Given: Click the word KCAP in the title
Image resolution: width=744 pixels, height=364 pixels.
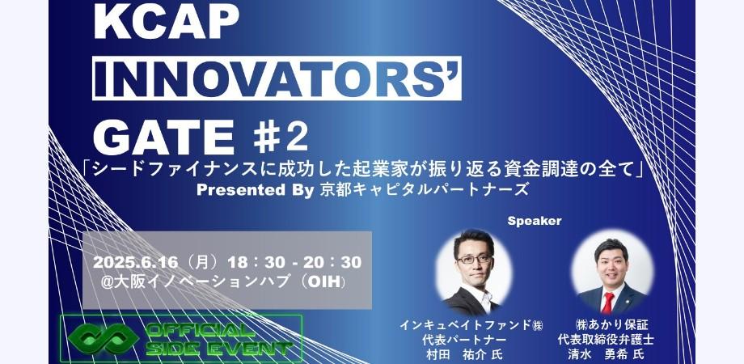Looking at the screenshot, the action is [167, 21].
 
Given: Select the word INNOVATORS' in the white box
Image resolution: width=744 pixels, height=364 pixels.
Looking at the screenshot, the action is [277, 78].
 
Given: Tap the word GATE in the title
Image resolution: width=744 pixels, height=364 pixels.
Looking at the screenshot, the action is [164, 138].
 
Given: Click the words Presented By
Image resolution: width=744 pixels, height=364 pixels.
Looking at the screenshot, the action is [256, 190].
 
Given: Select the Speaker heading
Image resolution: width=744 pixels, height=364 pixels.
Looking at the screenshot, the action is [535, 221].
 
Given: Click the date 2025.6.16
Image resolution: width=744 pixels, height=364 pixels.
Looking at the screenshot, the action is [135, 262].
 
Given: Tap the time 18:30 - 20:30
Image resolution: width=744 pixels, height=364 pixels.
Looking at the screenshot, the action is [294, 262].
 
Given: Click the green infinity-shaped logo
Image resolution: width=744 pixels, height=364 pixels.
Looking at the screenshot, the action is [104, 338].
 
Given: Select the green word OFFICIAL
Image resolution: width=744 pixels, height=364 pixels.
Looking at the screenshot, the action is [197, 330].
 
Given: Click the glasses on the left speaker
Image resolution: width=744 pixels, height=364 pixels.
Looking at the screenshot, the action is [474, 259].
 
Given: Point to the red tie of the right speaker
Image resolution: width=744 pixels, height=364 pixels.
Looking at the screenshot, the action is [608, 303].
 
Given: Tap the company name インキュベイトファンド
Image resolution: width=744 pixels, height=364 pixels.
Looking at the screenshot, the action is [465, 325].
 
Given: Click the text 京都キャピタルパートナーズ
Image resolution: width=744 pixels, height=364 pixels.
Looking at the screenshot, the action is [424, 190].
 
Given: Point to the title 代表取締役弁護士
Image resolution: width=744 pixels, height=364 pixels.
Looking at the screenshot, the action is [606, 340].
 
